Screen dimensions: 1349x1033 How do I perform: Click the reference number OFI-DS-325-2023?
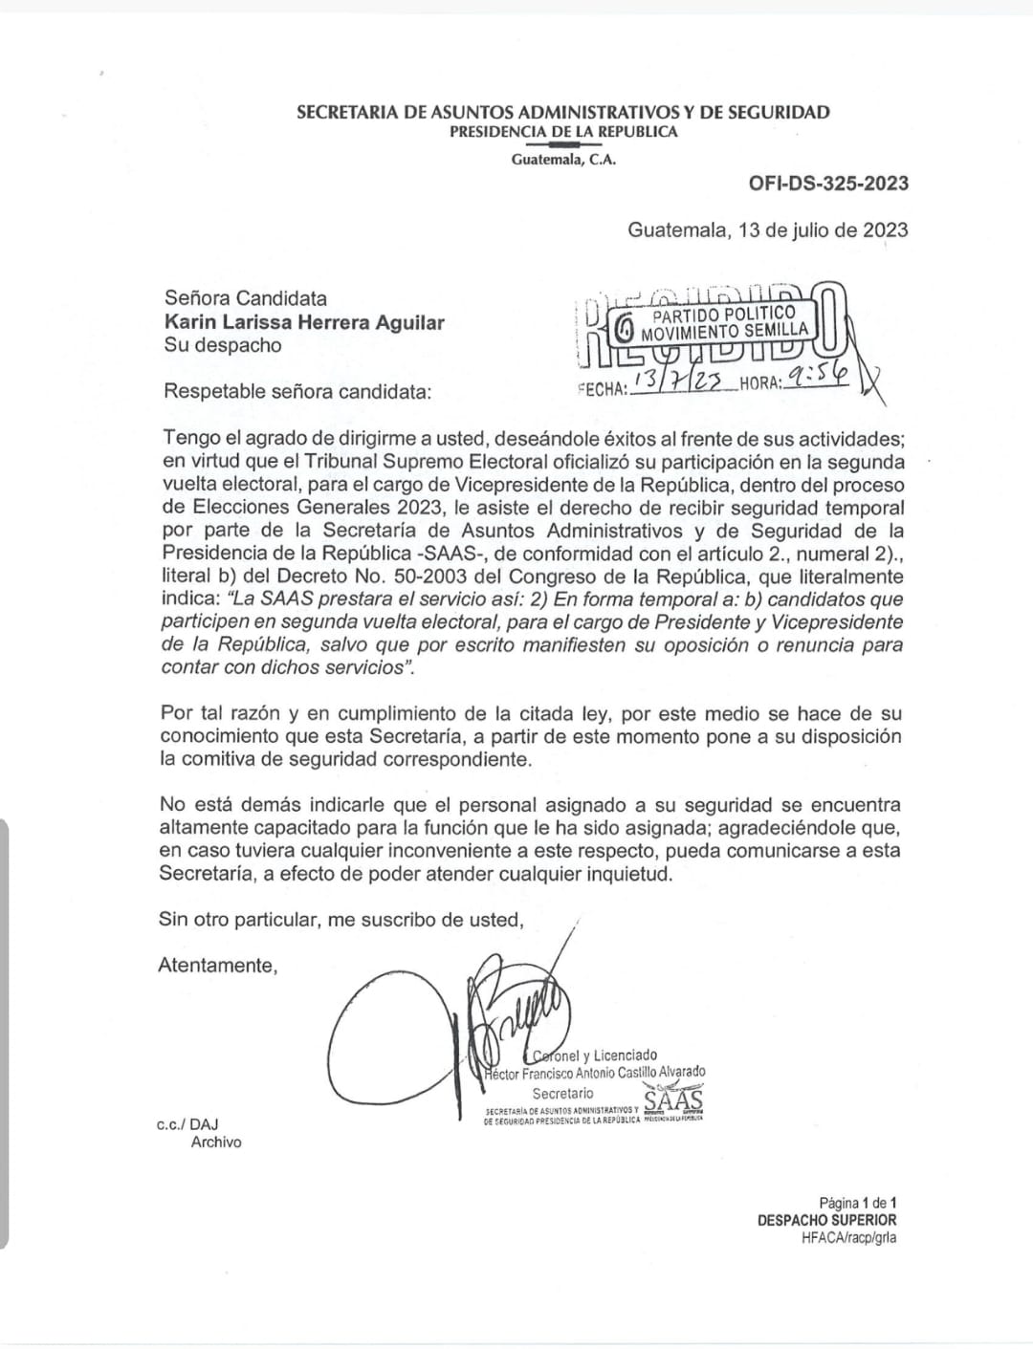[828, 184]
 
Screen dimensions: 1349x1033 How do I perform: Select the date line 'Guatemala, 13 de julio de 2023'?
[767, 229]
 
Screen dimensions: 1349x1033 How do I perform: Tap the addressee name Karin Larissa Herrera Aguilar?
[304, 322]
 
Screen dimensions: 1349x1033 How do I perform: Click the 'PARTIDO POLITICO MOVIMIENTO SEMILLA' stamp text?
[724, 323]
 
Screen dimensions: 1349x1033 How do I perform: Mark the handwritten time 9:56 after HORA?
[815, 380]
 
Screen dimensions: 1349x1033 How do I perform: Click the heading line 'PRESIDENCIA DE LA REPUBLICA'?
[563, 132]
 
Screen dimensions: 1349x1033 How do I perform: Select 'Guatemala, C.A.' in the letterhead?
[563, 160]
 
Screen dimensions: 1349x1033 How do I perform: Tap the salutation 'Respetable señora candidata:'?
[297, 391]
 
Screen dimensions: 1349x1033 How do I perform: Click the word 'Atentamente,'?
[218, 965]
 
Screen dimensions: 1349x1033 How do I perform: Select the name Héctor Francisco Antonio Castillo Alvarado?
[595, 1073]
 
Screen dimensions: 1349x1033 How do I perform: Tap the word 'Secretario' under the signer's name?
[562, 1093]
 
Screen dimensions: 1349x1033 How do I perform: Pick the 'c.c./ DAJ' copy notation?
[187, 1124]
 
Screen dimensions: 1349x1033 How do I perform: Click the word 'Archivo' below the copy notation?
[216, 1142]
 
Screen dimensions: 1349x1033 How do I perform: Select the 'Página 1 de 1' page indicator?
[857, 1203]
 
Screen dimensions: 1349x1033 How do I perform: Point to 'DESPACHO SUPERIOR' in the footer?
[826, 1220]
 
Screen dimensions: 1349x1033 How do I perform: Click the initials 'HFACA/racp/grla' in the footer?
[848, 1237]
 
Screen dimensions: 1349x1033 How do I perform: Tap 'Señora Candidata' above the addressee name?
[245, 298]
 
